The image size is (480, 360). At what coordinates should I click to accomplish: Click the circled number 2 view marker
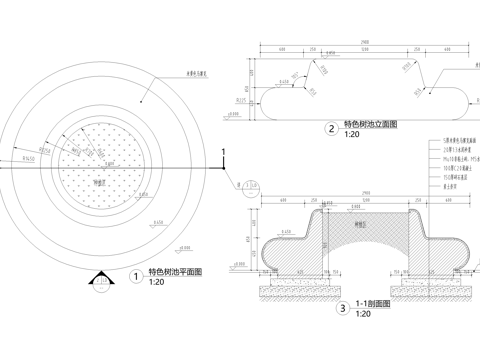[331, 128]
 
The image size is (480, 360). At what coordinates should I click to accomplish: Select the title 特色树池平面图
[175, 272]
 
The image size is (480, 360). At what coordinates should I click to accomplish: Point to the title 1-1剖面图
[375, 304]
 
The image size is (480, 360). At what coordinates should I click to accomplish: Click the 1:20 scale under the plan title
[156, 283]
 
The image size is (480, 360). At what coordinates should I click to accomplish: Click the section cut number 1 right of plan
[225, 150]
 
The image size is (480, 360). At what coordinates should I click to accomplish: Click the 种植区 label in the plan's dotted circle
[98, 183]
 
